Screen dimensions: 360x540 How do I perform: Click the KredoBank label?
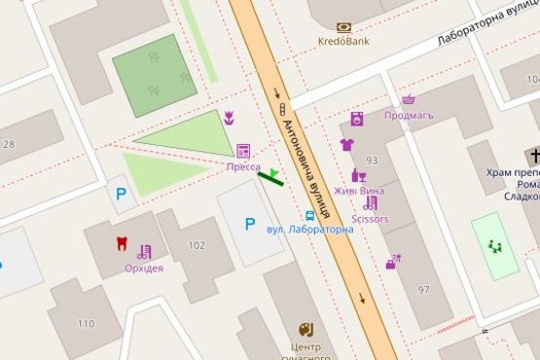[x=343, y=42]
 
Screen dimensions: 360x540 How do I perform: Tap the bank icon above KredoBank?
[x=343, y=27]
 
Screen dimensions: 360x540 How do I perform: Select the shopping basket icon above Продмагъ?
[x=409, y=99]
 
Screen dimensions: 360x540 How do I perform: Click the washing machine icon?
[x=357, y=120]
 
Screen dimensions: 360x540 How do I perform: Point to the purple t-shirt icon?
[x=347, y=145]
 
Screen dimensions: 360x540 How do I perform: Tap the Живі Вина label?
[x=359, y=191]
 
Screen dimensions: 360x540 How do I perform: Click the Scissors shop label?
[x=370, y=219]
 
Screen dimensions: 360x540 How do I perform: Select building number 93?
[x=372, y=160]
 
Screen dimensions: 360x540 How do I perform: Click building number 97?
[x=423, y=290]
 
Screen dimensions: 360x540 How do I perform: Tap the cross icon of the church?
[x=534, y=156]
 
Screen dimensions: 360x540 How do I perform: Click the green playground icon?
[x=495, y=247]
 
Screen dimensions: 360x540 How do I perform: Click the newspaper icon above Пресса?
[x=243, y=151]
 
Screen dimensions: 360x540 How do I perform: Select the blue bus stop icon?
[x=310, y=215]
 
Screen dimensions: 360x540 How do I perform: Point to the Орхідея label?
[x=144, y=269]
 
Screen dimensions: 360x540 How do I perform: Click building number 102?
[x=197, y=245]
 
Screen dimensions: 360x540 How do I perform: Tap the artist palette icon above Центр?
[x=306, y=330]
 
